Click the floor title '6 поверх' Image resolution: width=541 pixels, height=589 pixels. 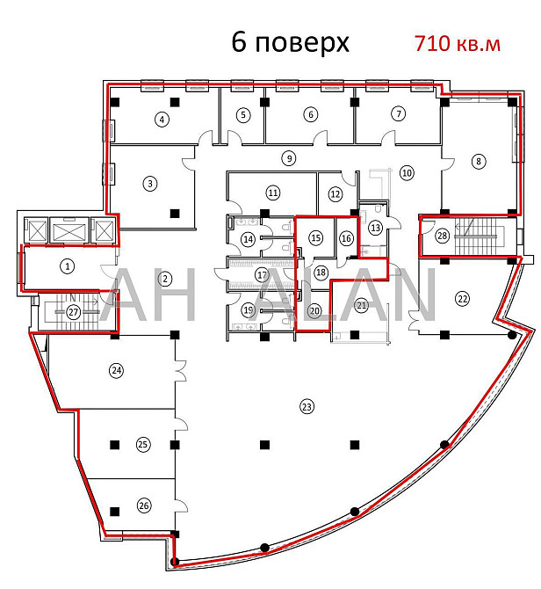tap(290, 42)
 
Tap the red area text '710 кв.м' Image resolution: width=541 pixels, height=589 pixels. tap(457, 44)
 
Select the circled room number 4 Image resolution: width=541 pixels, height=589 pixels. tap(162, 120)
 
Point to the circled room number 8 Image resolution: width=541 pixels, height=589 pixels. tap(479, 162)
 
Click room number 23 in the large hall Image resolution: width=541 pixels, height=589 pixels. tap(307, 407)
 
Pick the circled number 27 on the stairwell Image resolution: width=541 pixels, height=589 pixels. tap(74, 312)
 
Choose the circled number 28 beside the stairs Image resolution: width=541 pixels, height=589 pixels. tap(443, 236)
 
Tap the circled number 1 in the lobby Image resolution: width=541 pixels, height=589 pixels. tap(68, 266)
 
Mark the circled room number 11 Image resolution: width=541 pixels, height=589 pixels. tap(273, 193)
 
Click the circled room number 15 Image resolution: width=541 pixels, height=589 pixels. tap(316, 237)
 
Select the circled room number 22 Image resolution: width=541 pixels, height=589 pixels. tap(462, 299)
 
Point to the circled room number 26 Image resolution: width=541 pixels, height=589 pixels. tap(144, 505)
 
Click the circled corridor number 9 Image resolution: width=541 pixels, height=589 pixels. tap(289, 158)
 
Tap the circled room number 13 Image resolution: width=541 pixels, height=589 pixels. tap(375, 228)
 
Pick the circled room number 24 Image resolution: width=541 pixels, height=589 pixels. tap(116, 371)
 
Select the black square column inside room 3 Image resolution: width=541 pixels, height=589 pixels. tap(175, 214)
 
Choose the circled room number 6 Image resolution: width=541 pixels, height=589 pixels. tap(311, 114)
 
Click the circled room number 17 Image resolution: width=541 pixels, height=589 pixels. tap(262, 275)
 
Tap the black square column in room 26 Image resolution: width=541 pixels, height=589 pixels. tap(115, 512)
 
